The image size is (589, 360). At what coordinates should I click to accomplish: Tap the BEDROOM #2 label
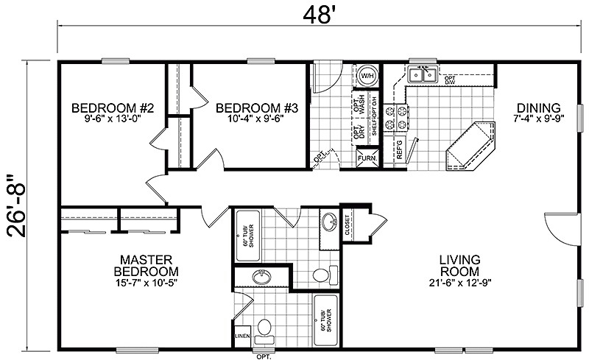[x=112, y=109]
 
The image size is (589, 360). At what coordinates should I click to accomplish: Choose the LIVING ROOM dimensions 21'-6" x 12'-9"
[x=460, y=283]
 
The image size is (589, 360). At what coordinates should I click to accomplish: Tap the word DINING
[x=538, y=107]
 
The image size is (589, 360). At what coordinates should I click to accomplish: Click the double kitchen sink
[x=423, y=74]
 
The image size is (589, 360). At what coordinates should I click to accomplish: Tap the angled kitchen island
[x=471, y=147]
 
